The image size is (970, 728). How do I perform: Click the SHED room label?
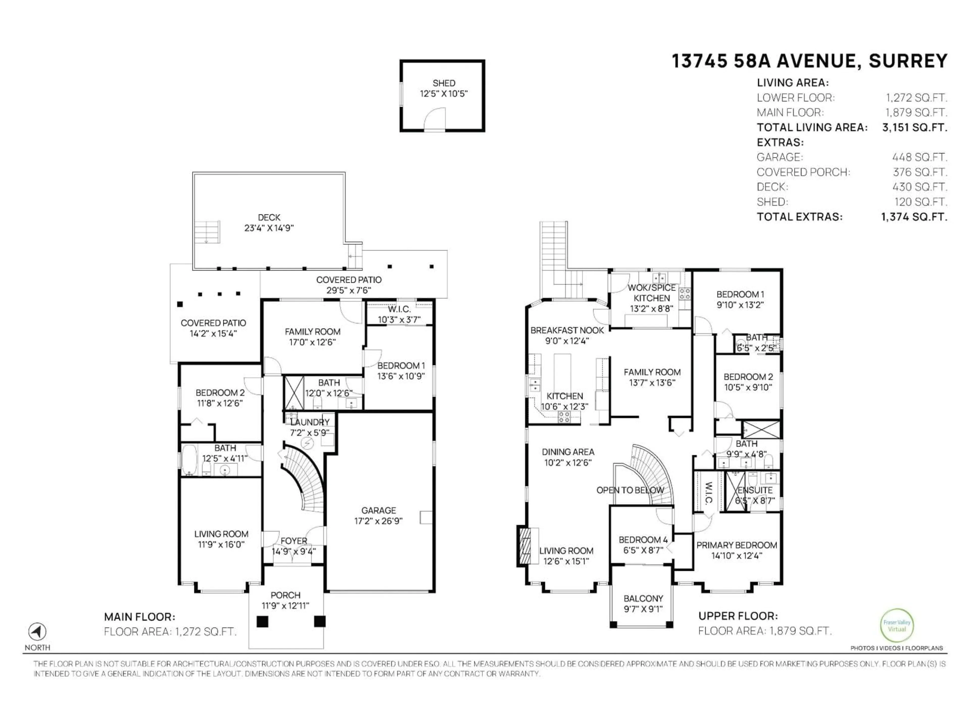444,83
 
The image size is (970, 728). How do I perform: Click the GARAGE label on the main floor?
378,510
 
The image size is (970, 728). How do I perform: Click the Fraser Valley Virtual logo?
897,625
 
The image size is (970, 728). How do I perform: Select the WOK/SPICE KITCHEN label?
652,293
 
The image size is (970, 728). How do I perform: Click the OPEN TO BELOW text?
630,490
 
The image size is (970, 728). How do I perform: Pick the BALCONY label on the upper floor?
643,599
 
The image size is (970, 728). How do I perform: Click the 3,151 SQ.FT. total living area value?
915,128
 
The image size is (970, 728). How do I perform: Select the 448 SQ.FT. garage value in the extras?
919,157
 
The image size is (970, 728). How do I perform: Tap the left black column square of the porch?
262,621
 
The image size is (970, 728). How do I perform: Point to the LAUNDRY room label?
310,422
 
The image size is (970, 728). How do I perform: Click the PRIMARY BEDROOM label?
737,545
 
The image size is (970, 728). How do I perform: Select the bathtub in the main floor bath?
189,460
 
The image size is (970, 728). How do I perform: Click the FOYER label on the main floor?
294,541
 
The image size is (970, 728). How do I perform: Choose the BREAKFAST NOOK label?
567,330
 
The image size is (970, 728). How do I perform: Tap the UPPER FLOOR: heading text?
738,616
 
